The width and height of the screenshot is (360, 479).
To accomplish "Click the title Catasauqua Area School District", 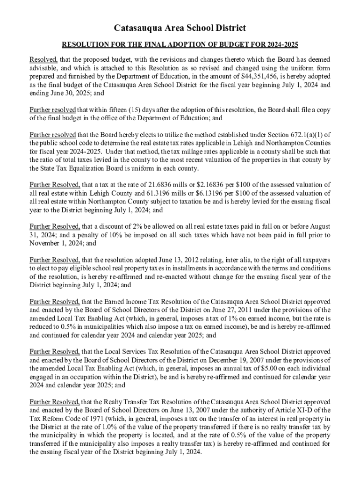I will pyautogui.click(x=180, y=28).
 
